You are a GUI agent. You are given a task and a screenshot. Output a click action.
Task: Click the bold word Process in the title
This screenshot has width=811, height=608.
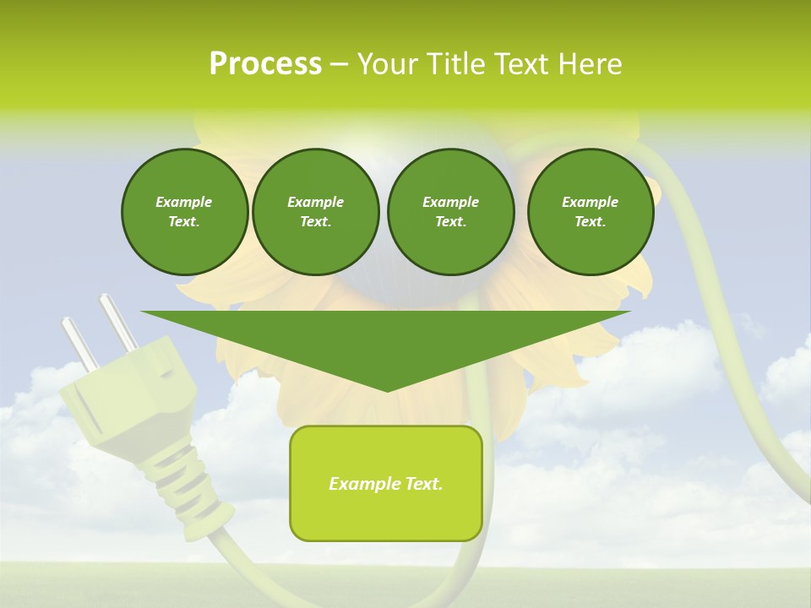click(265, 63)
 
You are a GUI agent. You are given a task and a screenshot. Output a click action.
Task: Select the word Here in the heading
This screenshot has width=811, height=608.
click(591, 63)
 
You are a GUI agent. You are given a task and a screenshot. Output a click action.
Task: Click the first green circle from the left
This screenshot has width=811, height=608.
click(184, 212)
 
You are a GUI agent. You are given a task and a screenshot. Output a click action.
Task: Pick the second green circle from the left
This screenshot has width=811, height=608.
click(315, 212)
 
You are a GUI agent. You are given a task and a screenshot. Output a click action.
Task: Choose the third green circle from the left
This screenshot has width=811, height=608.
click(450, 212)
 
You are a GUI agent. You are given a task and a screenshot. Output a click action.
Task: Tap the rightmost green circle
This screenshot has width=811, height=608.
click(590, 212)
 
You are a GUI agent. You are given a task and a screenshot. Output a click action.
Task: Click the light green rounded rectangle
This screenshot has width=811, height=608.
click(385, 483)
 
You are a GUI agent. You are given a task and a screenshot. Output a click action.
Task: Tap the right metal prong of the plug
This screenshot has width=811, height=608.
click(117, 321)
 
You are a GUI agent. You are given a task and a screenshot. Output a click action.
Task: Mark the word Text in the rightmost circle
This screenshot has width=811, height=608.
click(590, 222)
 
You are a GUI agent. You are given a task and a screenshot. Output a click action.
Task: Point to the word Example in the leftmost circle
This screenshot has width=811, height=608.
click(184, 202)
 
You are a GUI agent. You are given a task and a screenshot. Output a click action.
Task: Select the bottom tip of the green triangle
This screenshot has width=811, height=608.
click(386, 388)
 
